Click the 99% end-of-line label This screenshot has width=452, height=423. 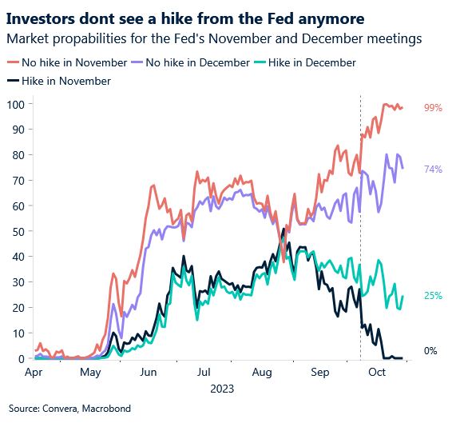point(432,108)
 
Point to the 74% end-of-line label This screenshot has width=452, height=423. point(432,170)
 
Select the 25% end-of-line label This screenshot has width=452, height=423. point(432,296)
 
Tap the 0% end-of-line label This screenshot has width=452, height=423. point(430,351)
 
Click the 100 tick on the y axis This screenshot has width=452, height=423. point(14,104)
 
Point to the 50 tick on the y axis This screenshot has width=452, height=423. point(16,231)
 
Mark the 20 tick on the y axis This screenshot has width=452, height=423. point(16,308)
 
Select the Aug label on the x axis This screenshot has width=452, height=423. point(262,372)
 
